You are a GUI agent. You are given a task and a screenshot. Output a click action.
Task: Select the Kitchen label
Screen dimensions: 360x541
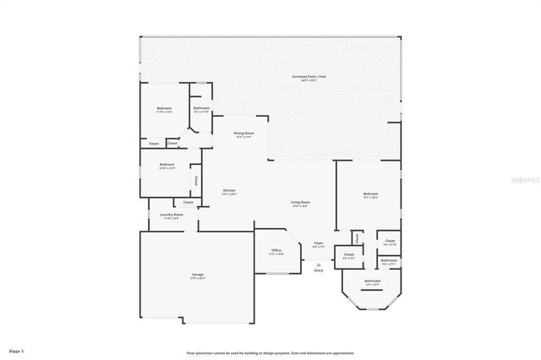(228, 192)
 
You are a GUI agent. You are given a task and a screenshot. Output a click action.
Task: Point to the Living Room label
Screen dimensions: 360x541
(300, 203)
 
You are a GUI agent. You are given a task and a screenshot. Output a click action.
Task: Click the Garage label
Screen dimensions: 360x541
(197, 275)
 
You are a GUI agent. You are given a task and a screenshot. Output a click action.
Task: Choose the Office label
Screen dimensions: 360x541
(276, 251)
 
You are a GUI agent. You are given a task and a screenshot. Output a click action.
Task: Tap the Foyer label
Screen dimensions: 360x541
(319, 244)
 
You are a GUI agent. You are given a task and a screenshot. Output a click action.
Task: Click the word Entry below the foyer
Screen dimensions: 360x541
(319, 270)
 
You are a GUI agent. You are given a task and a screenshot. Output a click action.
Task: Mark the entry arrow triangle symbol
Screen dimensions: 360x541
(319, 264)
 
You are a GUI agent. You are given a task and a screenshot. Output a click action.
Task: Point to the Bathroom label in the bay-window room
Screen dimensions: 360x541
(373, 281)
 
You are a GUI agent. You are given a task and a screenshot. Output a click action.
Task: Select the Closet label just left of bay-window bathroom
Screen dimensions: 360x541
(348, 254)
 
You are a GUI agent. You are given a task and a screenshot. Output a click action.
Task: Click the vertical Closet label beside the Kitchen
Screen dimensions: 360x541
(196, 181)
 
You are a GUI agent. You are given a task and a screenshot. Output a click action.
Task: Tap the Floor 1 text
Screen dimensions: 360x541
(17, 349)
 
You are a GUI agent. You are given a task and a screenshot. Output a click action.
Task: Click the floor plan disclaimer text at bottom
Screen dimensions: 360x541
(270, 352)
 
